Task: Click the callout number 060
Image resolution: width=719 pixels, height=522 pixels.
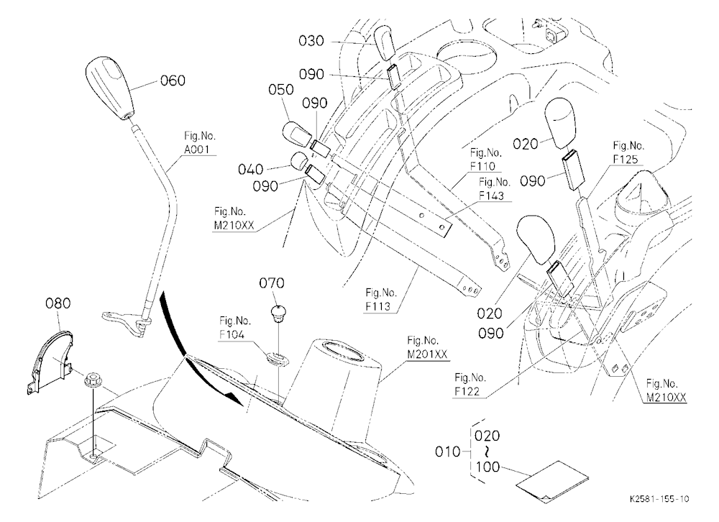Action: pyautogui.click(x=173, y=81)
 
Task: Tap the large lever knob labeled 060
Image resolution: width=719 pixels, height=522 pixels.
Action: pyautogui.click(x=111, y=88)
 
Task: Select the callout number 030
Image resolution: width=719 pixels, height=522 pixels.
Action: pyautogui.click(x=311, y=41)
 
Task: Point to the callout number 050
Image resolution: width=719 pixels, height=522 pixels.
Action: pyautogui.click(x=281, y=89)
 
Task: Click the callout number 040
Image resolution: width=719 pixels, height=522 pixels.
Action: pyautogui.click(x=250, y=170)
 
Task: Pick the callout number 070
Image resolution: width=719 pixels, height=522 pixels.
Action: pyautogui.click(x=272, y=283)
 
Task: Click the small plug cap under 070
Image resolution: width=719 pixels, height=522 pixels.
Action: pyautogui.click(x=278, y=312)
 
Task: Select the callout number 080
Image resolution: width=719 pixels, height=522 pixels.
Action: pyautogui.click(x=58, y=303)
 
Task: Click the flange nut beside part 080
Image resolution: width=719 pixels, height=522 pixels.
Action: pyautogui.click(x=92, y=381)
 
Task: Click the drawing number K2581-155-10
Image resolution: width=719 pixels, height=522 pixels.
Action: pyautogui.click(x=659, y=499)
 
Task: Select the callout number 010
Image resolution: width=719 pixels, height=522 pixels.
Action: pyautogui.click(x=447, y=452)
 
